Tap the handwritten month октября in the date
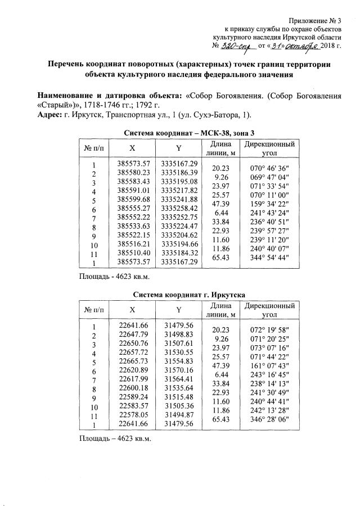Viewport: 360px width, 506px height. click(303, 46)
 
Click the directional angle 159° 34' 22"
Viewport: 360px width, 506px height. click(269, 204)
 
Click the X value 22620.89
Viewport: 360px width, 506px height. click(133, 371)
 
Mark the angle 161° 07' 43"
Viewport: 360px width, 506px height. click(269, 366)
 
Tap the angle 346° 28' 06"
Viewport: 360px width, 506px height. click(269, 419)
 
